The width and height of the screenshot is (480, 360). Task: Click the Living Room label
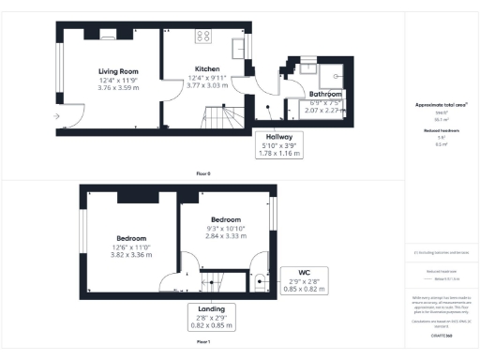click(118, 70)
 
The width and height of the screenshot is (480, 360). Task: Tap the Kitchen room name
click(207, 69)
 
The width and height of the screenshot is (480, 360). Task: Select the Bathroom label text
click(326, 95)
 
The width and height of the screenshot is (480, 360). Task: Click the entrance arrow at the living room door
click(60, 116)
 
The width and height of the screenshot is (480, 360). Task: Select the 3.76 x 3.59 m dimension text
click(118, 88)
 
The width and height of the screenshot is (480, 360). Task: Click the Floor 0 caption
click(203, 173)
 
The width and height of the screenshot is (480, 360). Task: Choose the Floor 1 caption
click(203, 343)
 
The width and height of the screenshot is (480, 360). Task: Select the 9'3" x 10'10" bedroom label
click(225, 230)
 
